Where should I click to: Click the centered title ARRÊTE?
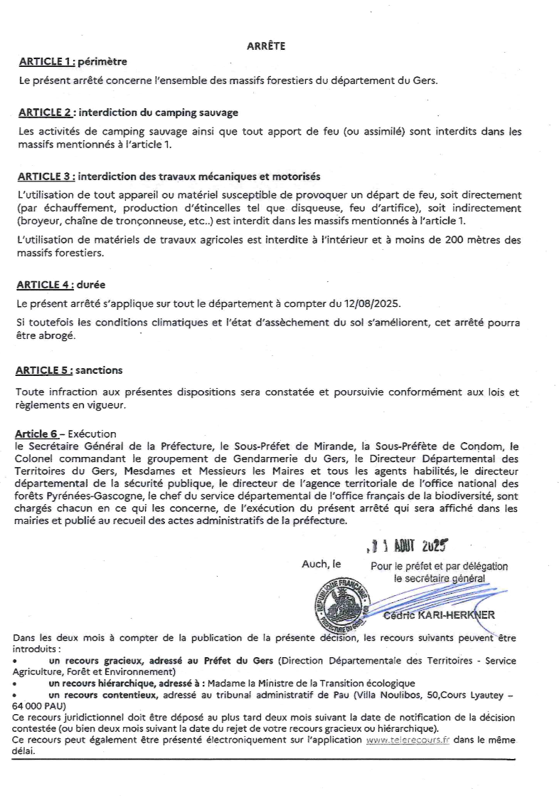tap(266, 46)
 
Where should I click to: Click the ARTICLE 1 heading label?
tap(47, 62)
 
